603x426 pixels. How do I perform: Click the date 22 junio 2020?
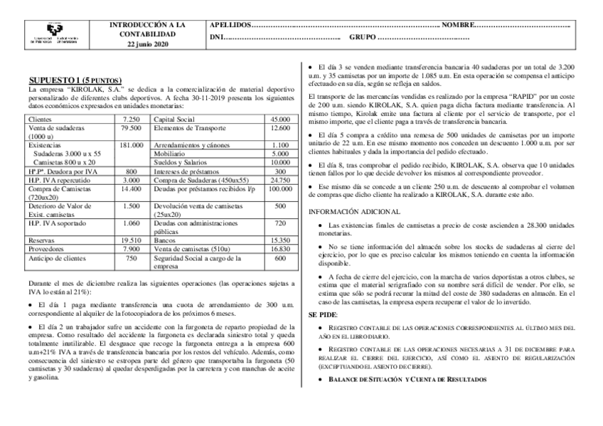click(x=147, y=45)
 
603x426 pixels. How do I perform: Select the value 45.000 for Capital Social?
click(x=279, y=119)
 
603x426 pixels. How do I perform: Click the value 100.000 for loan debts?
click(x=279, y=189)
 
